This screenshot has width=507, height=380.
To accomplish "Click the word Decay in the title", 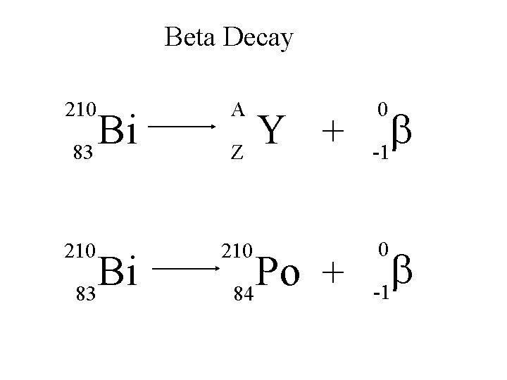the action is click(258, 39).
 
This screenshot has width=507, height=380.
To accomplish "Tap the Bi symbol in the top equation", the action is click(118, 129).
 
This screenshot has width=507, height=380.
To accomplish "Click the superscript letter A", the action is click(238, 109).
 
